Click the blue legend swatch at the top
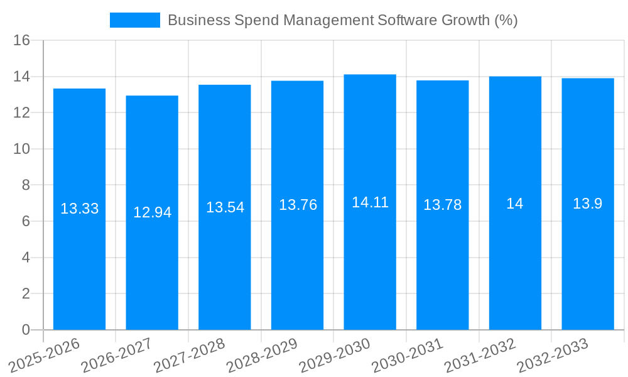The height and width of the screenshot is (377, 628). coord(134,20)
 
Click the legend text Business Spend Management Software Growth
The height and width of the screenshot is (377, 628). coord(342,20)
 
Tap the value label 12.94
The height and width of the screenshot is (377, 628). coord(152,212)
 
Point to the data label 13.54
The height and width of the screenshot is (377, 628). coord(225,207)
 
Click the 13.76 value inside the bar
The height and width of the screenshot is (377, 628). coord(298,205)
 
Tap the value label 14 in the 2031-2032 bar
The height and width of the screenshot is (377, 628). coord(515,204)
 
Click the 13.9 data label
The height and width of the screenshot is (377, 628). coord(588,204)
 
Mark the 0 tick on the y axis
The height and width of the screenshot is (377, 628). coord(26,330)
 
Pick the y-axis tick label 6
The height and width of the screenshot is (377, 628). coord(26,221)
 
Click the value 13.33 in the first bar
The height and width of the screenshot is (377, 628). coord(79,209)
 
